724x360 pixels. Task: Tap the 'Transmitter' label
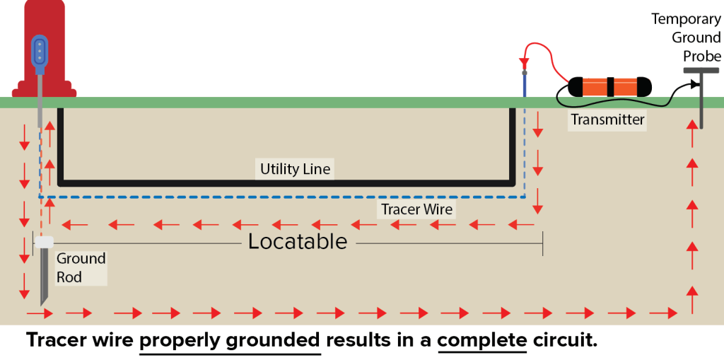(607, 120)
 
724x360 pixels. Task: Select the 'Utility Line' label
(295, 169)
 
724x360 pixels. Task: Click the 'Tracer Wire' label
(416, 209)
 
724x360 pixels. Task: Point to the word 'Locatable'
(298, 242)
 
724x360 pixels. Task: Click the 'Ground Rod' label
(80, 267)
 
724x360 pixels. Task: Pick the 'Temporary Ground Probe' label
(686, 37)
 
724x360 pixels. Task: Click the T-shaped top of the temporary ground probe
(701, 71)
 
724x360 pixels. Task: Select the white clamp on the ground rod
(44, 243)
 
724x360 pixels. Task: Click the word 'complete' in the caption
(482, 340)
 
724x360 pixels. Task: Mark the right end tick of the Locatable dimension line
(542, 243)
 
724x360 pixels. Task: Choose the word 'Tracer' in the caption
(56, 340)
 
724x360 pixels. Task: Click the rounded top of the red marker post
(44, 8)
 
